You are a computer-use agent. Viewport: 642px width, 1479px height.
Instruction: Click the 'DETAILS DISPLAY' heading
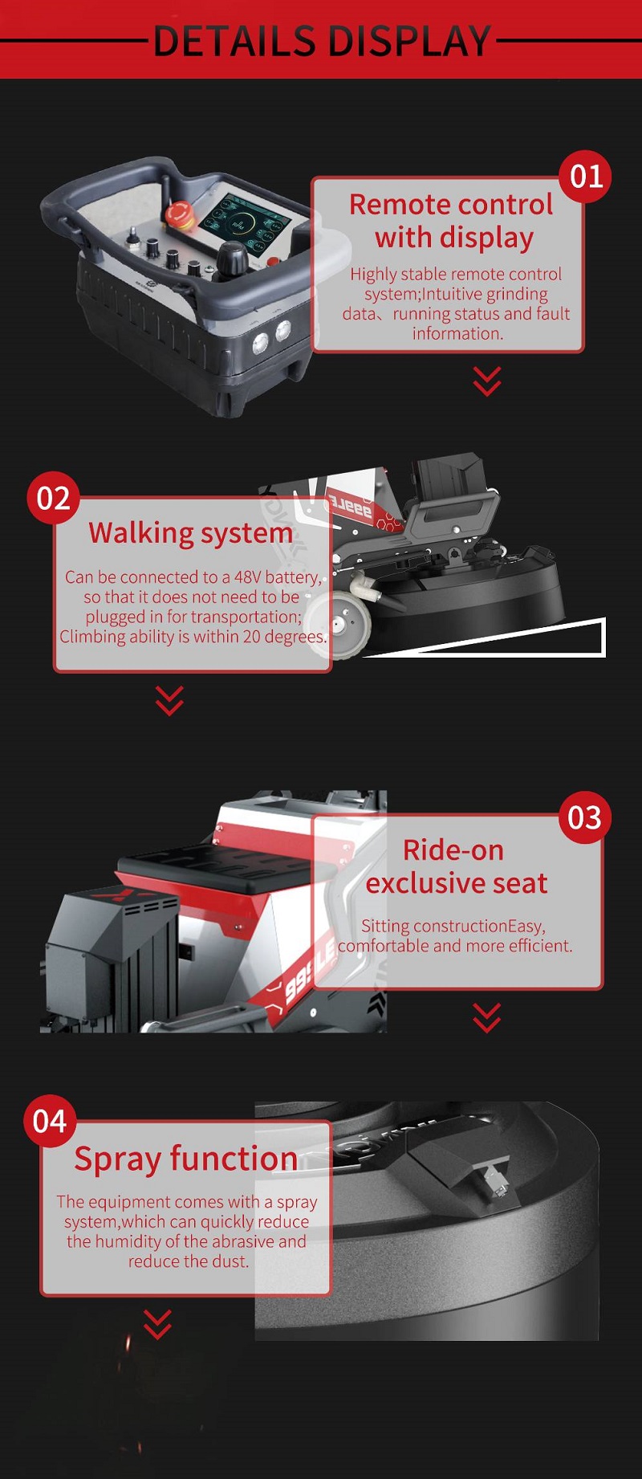[x=321, y=40]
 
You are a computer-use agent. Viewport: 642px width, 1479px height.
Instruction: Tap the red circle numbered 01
[x=586, y=177]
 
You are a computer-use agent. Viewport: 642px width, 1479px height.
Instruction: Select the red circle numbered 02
[x=54, y=499]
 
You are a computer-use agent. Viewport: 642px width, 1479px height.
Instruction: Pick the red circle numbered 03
[x=585, y=818]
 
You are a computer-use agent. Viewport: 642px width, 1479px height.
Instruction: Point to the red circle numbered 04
[x=50, y=1122]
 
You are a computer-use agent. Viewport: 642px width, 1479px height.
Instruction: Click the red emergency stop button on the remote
[x=177, y=214]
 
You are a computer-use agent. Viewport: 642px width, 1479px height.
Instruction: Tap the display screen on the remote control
[x=246, y=222]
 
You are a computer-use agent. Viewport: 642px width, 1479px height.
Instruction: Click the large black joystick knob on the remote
[x=234, y=259]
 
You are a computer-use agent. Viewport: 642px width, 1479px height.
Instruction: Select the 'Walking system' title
[x=191, y=533]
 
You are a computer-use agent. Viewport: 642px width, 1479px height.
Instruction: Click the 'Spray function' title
[x=186, y=1159]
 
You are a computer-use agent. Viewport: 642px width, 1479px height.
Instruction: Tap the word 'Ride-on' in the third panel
[x=453, y=850]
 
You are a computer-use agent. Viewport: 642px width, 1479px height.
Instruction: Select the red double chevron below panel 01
[x=487, y=381]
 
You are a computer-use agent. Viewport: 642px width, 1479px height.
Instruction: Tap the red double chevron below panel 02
[x=169, y=700]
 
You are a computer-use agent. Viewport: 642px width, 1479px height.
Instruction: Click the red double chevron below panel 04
[x=157, y=1324]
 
